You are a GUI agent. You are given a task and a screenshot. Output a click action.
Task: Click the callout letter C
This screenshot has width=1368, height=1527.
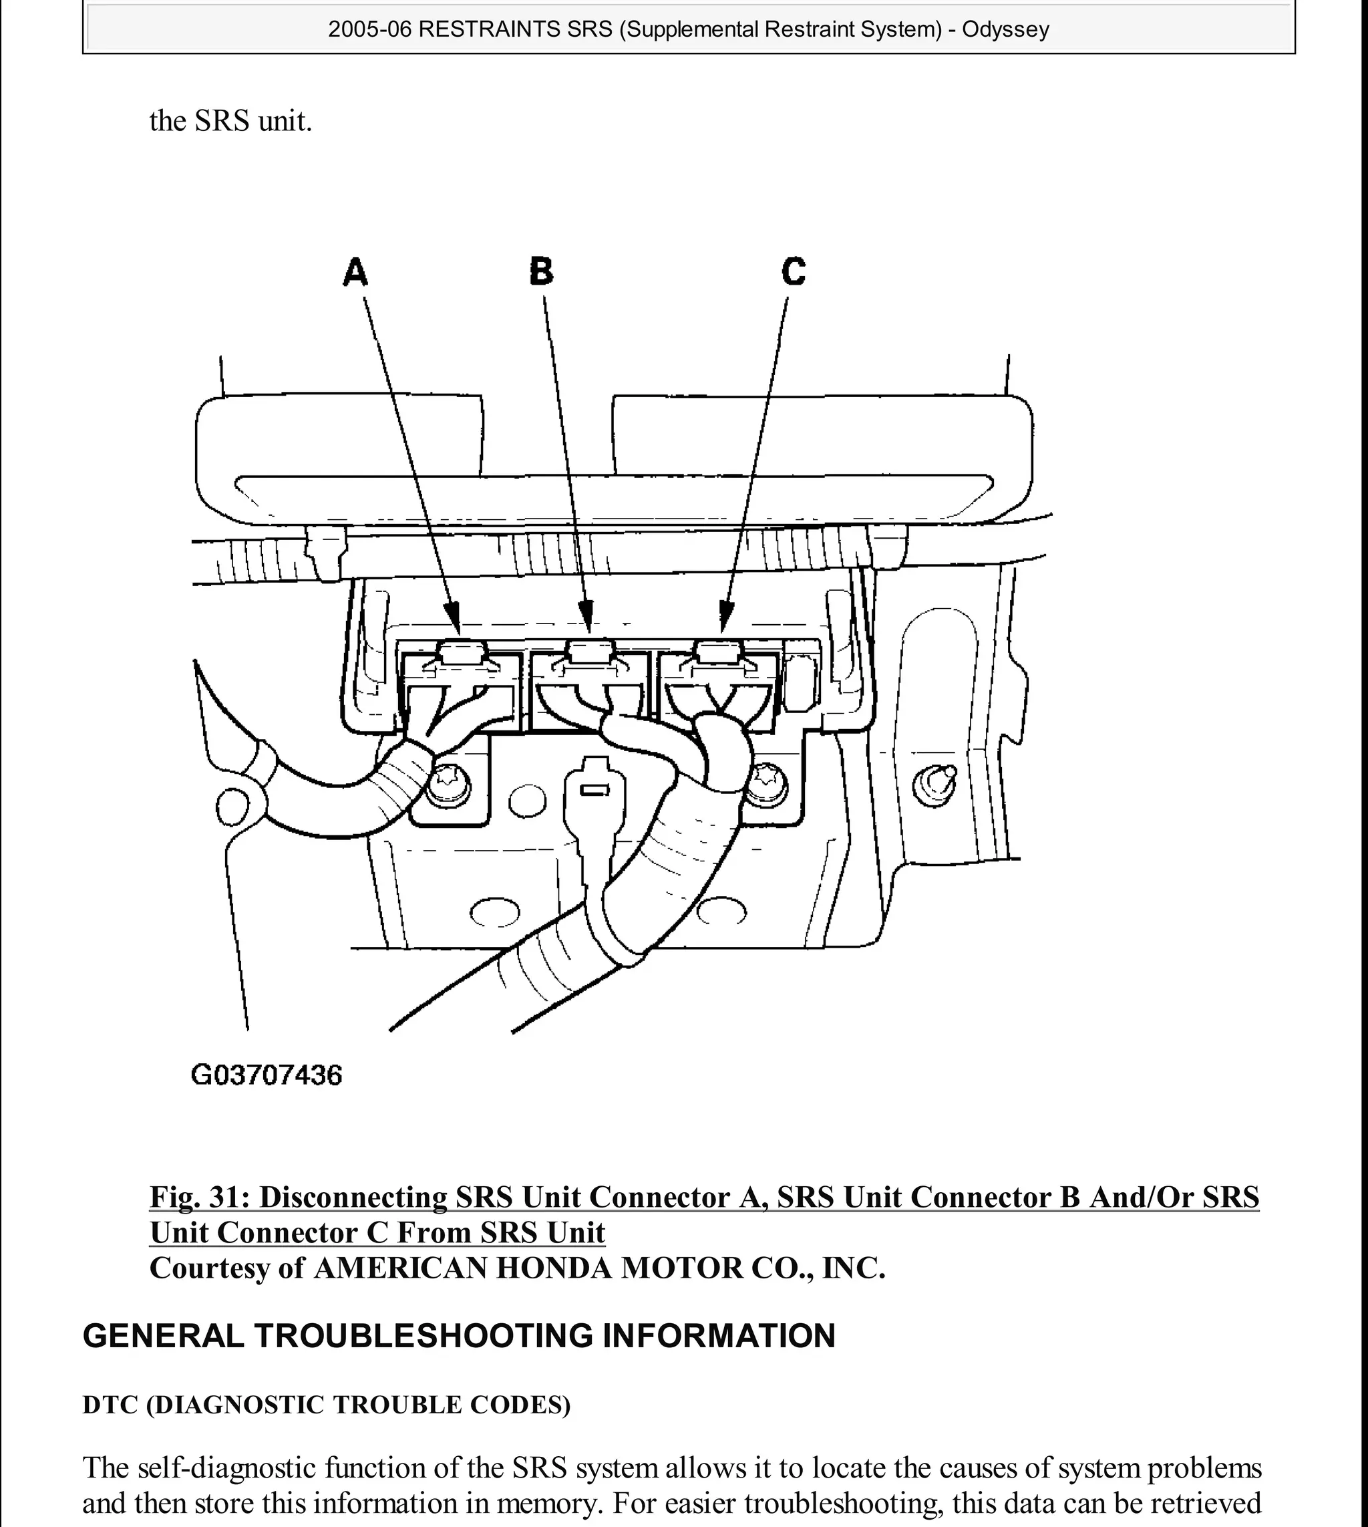(794, 271)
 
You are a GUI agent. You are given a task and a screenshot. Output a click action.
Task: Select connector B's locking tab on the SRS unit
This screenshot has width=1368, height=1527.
(590, 652)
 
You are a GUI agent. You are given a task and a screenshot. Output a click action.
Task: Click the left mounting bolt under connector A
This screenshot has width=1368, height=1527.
(450, 787)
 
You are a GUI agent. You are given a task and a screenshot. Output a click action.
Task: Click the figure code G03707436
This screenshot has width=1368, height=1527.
(267, 1075)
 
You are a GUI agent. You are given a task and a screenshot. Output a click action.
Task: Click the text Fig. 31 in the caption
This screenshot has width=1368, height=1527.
(198, 1197)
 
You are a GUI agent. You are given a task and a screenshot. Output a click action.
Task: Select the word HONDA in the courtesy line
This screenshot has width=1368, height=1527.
(554, 1268)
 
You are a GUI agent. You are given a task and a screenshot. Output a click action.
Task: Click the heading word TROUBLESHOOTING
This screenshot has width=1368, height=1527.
(424, 1336)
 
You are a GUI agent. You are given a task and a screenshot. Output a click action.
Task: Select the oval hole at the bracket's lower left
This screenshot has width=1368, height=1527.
(494, 913)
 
